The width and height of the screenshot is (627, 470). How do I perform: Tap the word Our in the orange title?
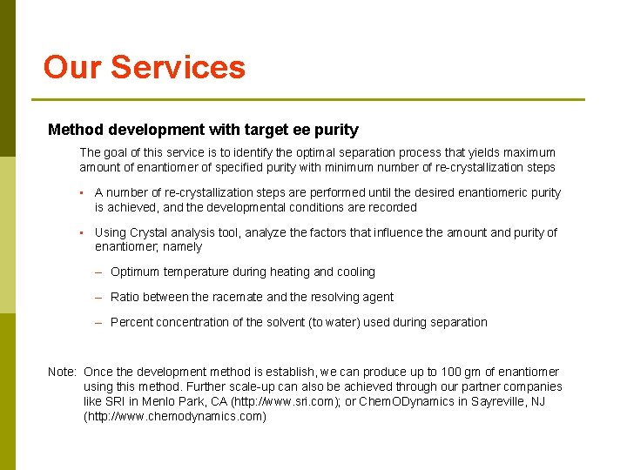(x=72, y=68)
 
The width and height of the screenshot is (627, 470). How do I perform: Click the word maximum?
(x=528, y=152)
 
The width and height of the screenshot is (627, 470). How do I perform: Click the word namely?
(x=182, y=247)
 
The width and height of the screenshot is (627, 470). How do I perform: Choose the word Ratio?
(x=125, y=297)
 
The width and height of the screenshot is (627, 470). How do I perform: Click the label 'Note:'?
(x=63, y=372)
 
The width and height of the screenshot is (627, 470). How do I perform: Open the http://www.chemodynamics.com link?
(x=174, y=416)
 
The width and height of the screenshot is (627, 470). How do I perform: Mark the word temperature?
(x=197, y=272)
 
